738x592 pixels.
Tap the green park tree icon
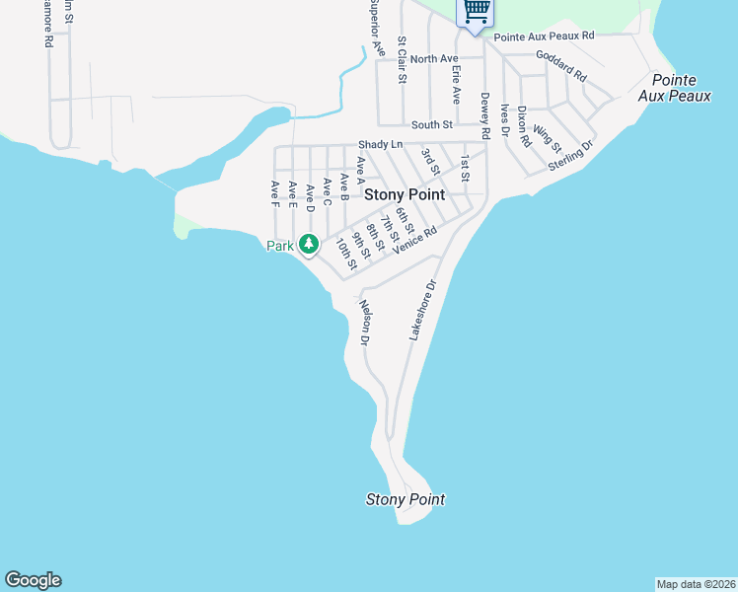[x=309, y=243]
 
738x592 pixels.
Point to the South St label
[x=431, y=124]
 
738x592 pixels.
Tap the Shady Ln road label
[x=381, y=144]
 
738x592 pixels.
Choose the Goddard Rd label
[x=561, y=65]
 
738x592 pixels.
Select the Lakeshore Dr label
[x=422, y=312]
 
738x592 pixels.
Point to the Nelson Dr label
[x=364, y=322]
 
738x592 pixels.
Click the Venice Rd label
[x=413, y=240]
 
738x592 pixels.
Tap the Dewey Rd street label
[x=485, y=115]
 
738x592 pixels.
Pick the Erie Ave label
[x=455, y=82]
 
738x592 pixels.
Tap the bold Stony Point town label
[x=405, y=195]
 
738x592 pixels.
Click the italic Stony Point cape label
[x=405, y=499]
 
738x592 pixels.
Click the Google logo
[x=33, y=580]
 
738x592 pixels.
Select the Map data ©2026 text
[x=696, y=583]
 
